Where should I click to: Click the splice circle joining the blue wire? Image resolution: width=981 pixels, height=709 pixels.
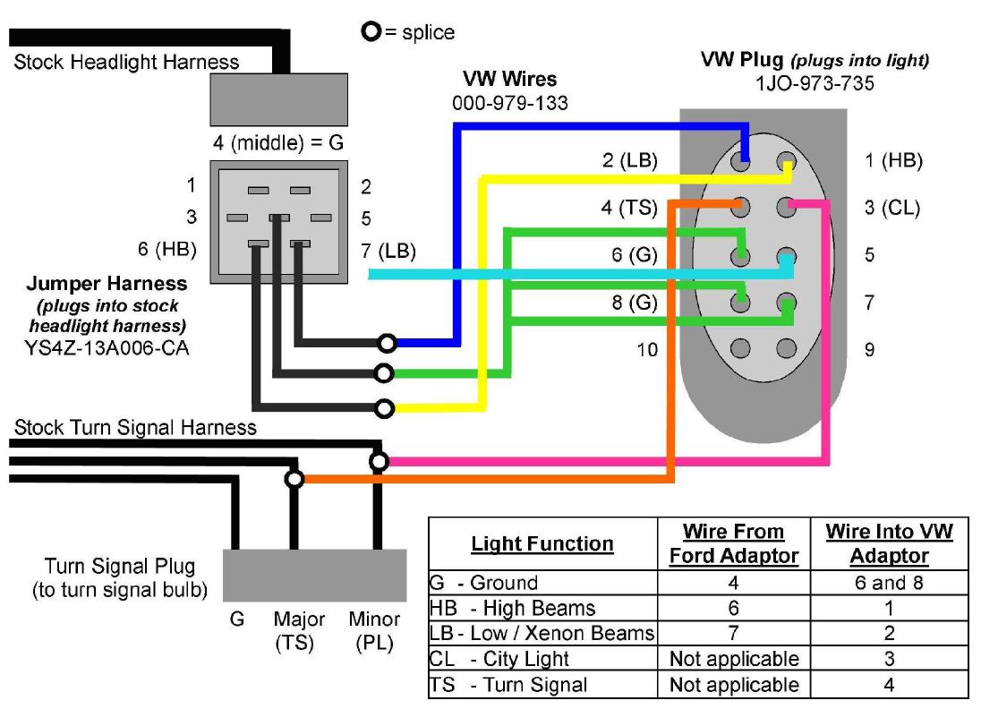coord(387,343)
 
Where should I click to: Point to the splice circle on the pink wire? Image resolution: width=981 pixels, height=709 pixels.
coord(380,462)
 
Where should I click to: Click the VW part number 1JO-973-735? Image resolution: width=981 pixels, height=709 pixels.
coord(815,83)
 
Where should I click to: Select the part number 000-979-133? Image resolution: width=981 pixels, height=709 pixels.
coord(509,103)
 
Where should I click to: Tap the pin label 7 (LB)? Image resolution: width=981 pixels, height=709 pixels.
coord(389,252)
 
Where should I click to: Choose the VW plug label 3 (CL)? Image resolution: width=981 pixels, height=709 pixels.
coord(892,209)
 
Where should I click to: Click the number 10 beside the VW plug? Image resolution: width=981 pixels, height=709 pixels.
coord(646,349)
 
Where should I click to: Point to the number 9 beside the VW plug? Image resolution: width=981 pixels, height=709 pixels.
coord(870,349)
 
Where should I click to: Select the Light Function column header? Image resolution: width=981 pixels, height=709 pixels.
coord(542,544)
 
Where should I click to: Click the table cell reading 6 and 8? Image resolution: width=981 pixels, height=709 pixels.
coord(889,583)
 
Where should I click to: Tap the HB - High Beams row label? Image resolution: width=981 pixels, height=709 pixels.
coord(513,609)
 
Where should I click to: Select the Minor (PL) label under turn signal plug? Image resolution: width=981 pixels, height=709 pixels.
coord(374,630)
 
